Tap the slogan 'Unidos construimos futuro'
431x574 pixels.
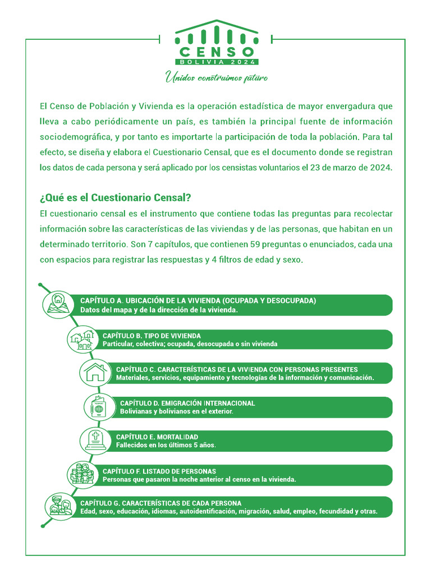click(x=216, y=77)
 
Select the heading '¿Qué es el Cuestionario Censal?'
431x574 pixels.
click(x=116, y=198)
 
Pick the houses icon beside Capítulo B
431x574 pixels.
click(x=80, y=339)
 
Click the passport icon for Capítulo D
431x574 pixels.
click(x=98, y=407)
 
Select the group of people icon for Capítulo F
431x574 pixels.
click(x=80, y=475)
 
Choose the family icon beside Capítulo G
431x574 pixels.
click(x=60, y=506)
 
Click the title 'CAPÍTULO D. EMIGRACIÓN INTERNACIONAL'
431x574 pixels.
click(x=187, y=403)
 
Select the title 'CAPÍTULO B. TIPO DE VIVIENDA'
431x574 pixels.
click(x=152, y=336)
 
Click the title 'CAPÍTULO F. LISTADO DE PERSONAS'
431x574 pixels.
click(x=159, y=471)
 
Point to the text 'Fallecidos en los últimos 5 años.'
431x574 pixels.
click(x=166, y=445)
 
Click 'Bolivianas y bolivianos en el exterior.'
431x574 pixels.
click(x=177, y=411)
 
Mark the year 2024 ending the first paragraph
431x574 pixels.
click(x=381, y=167)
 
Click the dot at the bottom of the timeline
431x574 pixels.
click(x=43, y=525)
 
